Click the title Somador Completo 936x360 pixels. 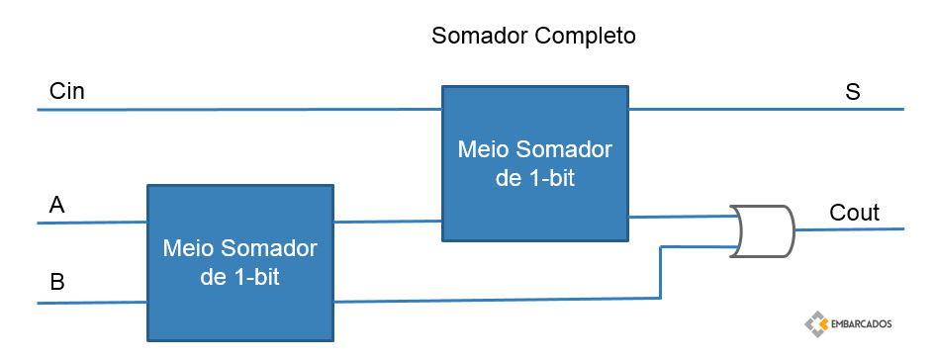(533, 36)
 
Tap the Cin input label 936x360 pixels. (67, 91)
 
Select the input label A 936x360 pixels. (56, 206)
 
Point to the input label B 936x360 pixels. (57, 281)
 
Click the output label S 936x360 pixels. (853, 92)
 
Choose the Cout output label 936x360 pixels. (854, 213)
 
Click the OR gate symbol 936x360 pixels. (762, 231)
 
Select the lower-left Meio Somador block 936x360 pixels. (240, 263)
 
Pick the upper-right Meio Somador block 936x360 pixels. (535, 163)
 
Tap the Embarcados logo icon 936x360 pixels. (815, 323)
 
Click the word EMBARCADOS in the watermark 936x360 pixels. (861, 324)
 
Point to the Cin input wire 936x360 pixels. (239, 109)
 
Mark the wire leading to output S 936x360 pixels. (767, 109)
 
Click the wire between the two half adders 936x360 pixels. (388, 222)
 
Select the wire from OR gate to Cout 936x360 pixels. (850, 229)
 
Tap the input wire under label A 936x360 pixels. (92, 223)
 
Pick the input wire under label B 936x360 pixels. (92, 303)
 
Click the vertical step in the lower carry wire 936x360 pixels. (660, 272)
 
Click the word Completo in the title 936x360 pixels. (585, 36)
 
